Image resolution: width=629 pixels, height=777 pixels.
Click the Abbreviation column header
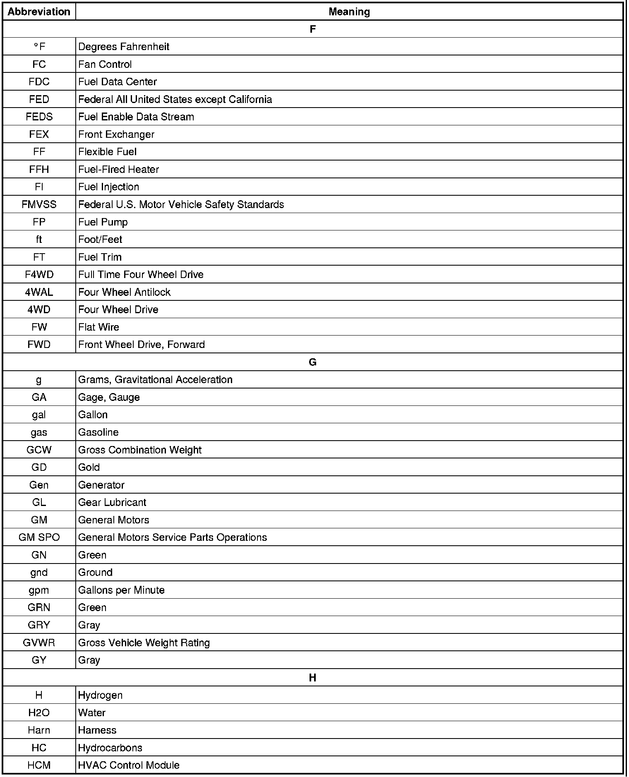(x=39, y=12)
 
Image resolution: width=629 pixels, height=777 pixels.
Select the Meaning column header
(x=349, y=12)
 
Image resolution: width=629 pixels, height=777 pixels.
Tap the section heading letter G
(x=312, y=362)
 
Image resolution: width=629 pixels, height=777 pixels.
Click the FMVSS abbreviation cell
(x=39, y=204)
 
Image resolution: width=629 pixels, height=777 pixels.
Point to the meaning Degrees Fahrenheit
(x=124, y=47)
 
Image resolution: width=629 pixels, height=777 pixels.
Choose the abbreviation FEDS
(x=39, y=117)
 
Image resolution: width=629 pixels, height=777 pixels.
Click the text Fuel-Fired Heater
(x=118, y=169)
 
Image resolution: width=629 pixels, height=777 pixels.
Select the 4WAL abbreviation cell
(x=39, y=292)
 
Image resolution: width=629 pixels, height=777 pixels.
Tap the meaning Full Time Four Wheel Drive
(x=141, y=275)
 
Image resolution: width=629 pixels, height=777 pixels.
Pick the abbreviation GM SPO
(x=39, y=537)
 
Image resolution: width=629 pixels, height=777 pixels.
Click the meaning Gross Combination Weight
(x=140, y=450)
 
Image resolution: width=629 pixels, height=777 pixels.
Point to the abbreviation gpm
(x=39, y=590)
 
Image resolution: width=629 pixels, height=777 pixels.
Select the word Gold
(x=89, y=468)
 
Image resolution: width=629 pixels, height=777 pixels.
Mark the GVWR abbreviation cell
(x=39, y=643)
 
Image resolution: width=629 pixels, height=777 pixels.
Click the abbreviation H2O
(x=39, y=713)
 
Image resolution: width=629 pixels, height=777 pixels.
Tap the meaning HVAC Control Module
(x=129, y=765)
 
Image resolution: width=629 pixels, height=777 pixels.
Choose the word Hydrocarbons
(x=110, y=748)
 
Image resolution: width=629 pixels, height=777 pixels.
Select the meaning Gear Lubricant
(x=112, y=502)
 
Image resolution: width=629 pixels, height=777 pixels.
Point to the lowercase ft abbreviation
(x=39, y=240)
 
